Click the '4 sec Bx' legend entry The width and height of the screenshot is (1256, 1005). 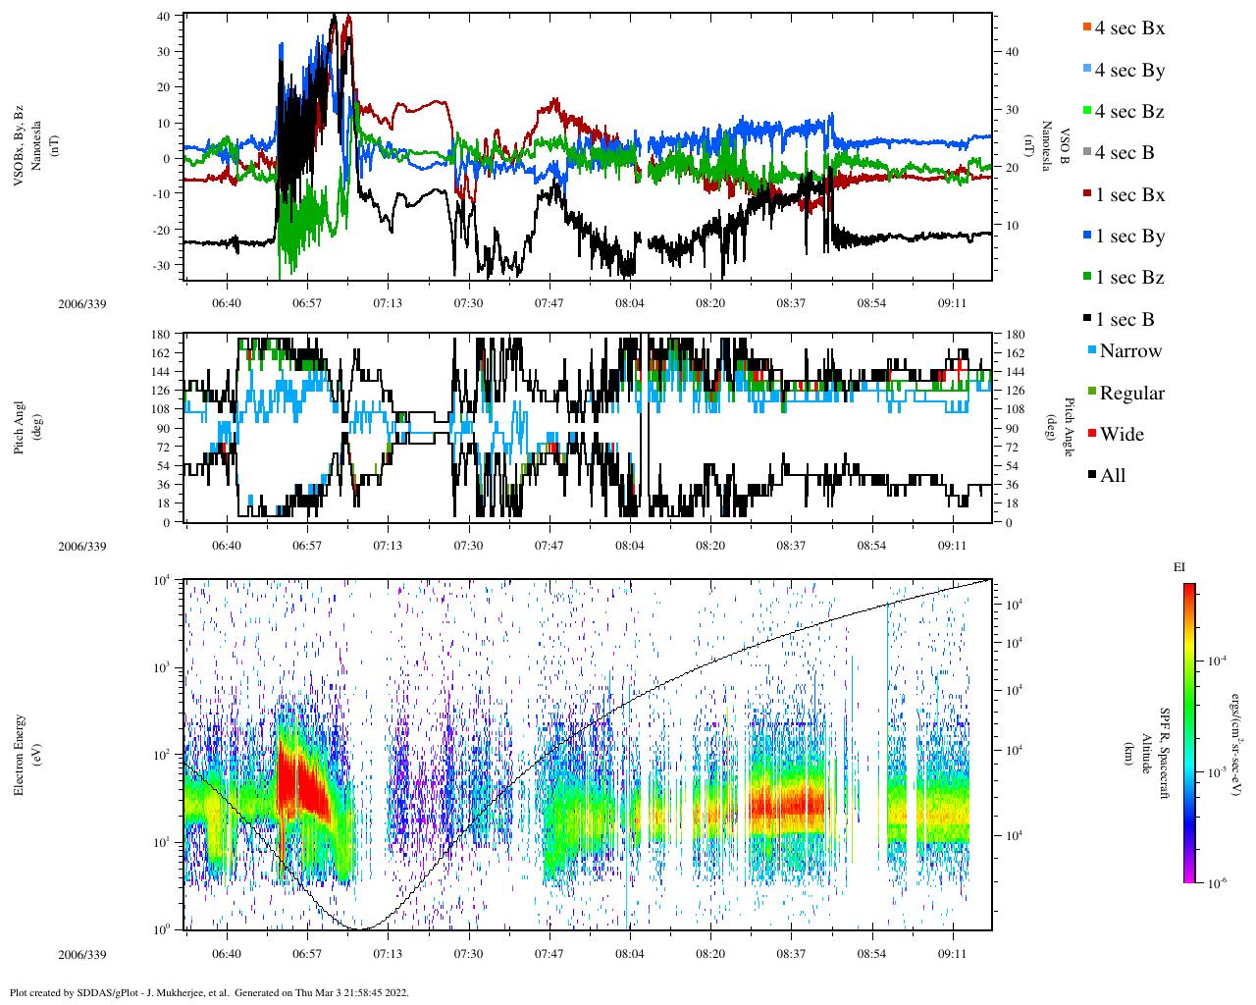(x=1129, y=28)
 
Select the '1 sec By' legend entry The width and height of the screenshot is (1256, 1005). (x=1129, y=237)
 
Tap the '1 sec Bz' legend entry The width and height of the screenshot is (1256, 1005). (x=1129, y=278)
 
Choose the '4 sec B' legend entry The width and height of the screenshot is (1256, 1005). (x=1125, y=153)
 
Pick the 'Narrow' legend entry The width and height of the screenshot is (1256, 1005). (x=1129, y=351)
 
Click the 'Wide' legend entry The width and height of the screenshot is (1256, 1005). (x=1122, y=435)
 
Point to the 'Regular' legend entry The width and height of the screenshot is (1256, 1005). (x=1131, y=394)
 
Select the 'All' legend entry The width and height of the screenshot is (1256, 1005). (x=1113, y=476)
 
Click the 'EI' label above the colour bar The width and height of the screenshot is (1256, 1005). (x=1179, y=567)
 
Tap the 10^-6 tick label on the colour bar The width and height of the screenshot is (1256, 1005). (x=1216, y=883)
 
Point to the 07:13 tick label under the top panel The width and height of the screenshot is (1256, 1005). (x=388, y=303)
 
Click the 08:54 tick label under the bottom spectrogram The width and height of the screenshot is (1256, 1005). (x=871, y=954)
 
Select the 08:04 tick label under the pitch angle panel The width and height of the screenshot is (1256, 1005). (x=630, y=546)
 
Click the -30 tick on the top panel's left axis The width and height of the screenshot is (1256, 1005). (x=159, y=266)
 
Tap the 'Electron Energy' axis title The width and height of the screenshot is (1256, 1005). (x=20, y=755)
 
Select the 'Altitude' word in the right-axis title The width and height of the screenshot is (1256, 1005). (x=1146, y=754)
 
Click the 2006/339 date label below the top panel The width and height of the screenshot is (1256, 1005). (x=82, y=304)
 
